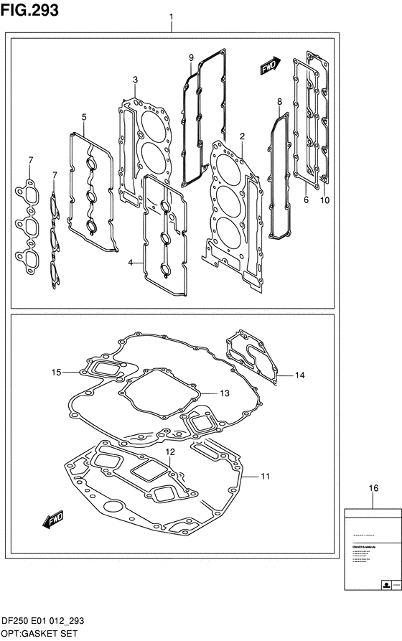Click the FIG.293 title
click(x=30, y=10)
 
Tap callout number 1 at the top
click(x=171, y=17)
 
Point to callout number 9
click(x=191, y=57)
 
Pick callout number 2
click(x=223, y=136)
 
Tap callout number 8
click(x=279, y=103)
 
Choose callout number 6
click(x=305, y=200)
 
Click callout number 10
click(x=324, y=200)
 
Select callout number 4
click(x=131, y=263)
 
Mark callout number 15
click(x=56, y=372)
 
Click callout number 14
click(x=300, y=375)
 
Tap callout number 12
click(x=170, y=451)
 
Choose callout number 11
click(x=265, y=476)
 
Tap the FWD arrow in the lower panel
click(x=54, y=518)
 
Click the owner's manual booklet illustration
click(x=371, y=548)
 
